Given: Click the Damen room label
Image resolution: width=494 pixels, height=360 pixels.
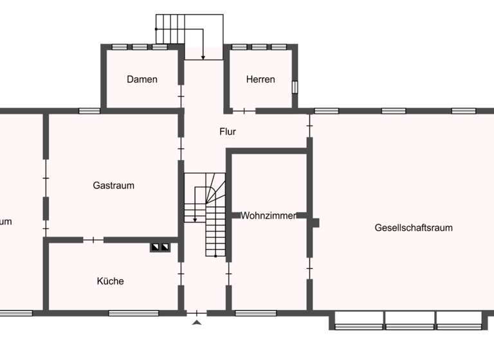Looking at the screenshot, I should click(x=142, y=80).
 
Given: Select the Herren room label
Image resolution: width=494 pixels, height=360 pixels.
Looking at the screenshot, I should click(x=261, y=80).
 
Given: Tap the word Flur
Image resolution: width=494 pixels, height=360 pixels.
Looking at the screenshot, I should click(x=228, y=132).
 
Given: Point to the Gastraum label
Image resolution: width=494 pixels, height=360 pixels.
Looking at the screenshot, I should click(x=114, y=186).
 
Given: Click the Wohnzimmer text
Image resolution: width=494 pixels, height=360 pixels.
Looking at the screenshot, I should click(x=269, y=216).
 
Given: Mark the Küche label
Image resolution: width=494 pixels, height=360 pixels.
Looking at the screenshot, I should click(x=111, y=281).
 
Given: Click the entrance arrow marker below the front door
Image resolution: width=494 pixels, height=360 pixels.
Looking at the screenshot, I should click(x=197, y=322).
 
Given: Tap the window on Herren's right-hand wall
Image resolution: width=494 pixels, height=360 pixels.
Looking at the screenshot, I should click(x=295, y=87).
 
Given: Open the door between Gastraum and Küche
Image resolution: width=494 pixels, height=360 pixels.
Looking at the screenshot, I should click(x=93, y=240).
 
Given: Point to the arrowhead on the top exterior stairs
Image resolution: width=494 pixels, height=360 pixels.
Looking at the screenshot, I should click(x=203, y=58).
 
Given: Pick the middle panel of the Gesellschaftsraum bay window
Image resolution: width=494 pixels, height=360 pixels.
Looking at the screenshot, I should click(x=409, y=320).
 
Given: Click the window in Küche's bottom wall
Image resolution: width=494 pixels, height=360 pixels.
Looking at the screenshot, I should click(x=133, y=313).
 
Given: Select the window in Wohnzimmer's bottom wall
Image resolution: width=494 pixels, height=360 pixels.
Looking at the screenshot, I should click(x=255, y=313).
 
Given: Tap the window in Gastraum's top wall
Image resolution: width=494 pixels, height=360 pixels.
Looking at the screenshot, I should click(x=89, y=111).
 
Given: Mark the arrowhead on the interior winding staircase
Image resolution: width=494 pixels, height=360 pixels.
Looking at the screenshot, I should click(x=195, y=219).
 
